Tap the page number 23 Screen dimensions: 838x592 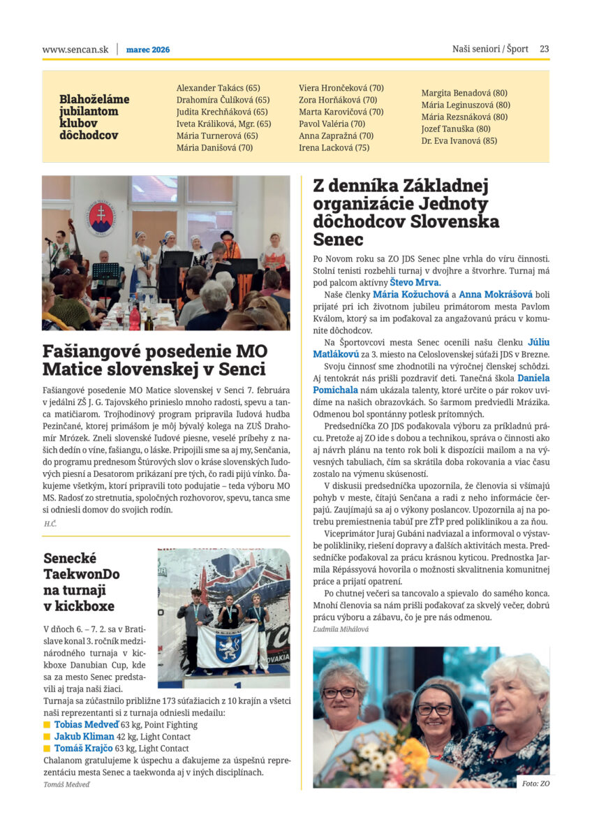click(545, 49)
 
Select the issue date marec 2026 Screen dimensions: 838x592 click(148, 50)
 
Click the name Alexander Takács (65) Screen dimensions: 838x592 click(218, 88)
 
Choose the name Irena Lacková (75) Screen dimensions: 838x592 click(334, 147)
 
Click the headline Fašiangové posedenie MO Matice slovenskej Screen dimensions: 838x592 click(154, 360)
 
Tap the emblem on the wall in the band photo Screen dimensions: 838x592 click(101, 219)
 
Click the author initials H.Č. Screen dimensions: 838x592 click(50, 523)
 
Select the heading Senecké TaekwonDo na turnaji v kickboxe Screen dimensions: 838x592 click(82, 582)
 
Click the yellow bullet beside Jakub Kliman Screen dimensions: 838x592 click(47, 737)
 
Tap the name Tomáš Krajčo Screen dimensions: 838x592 click(84, 748)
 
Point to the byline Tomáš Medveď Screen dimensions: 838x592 click(66, 784)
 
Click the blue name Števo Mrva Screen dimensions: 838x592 click(415, 282)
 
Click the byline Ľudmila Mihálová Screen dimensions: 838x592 click(341, 628)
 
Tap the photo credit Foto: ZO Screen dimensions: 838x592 click(535, 784)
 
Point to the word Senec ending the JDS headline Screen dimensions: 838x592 click(339, 240)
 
